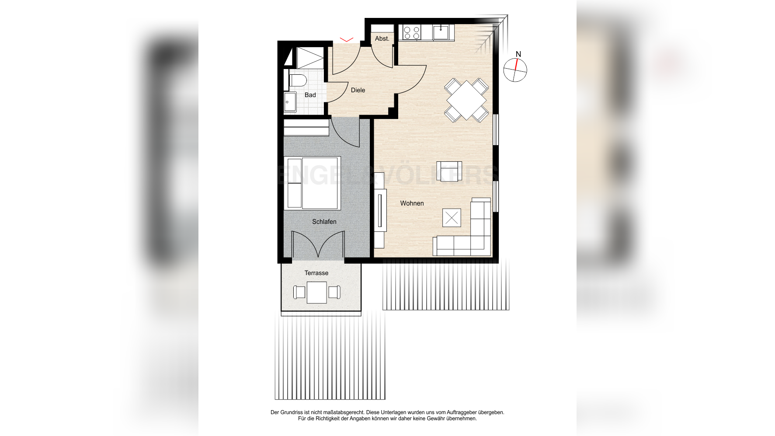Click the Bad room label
(x=310, y=95)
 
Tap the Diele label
(x=358, y=90)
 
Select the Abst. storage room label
(x=382, y=38)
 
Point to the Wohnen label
(x=412, y=203)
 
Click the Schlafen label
(x=324, y=222)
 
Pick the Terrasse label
(x=316, y=273)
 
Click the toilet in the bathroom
(x=298, y=80)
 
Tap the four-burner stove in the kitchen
(x=411, y=33)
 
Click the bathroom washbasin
(x=290, y=103)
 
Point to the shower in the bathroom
(x=309, y=58)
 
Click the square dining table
(x=466, y=100)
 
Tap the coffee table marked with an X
(x=452, y=218)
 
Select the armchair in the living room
(x=449, y=171)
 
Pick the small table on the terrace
(x=316, y=292)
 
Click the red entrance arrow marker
(x=346, y=40)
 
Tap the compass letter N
(x=518, y=54)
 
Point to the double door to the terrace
(x=318, y=245)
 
